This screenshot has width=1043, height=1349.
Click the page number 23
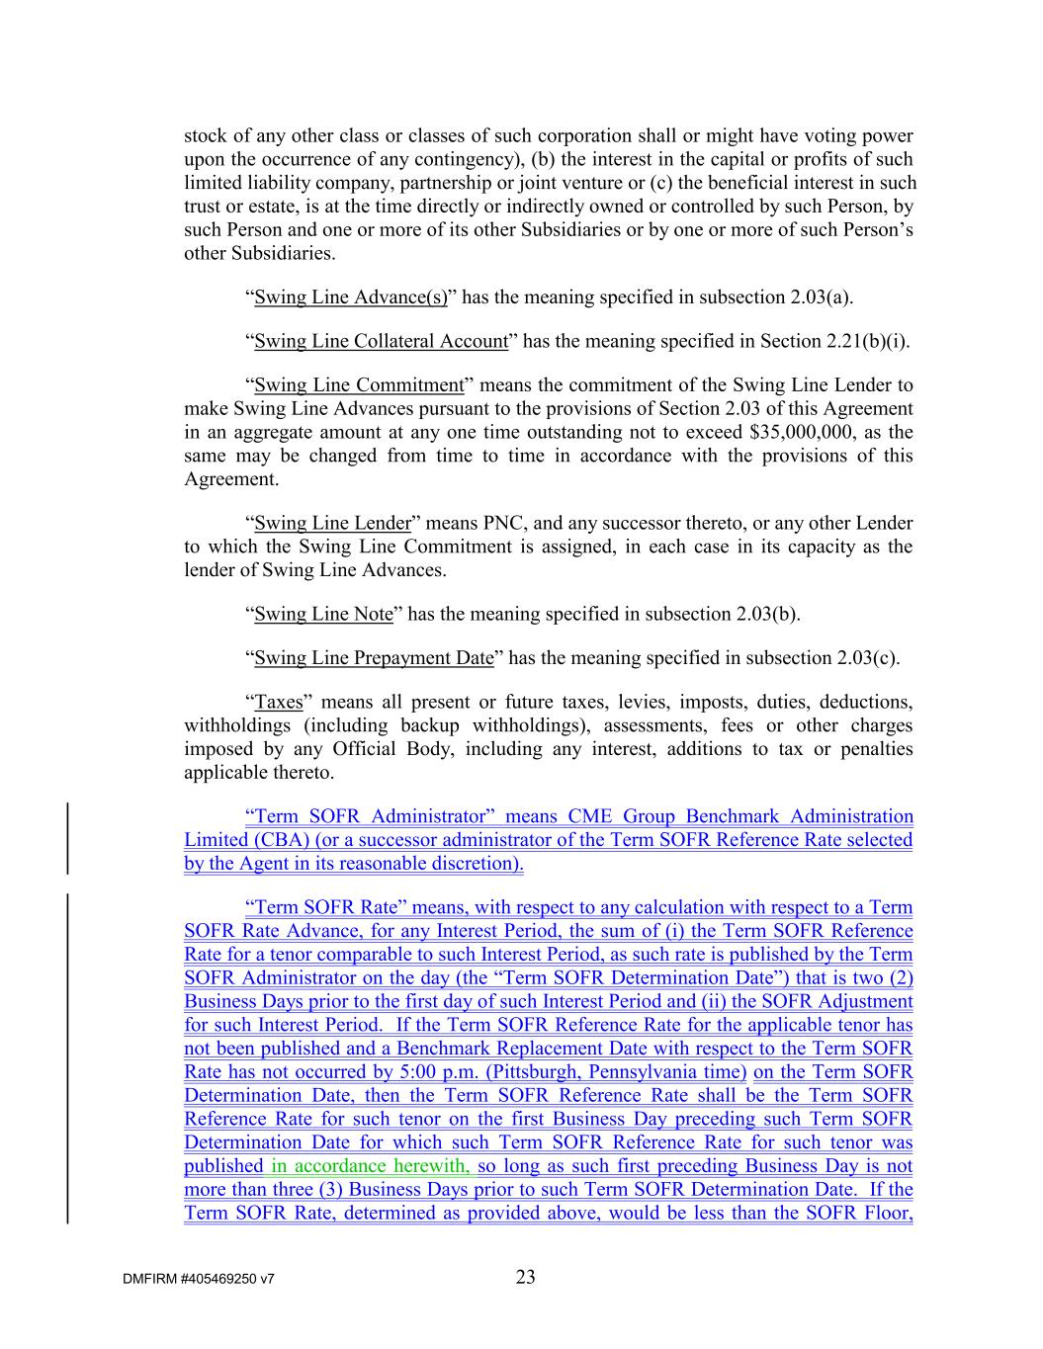[x=525, y=1277]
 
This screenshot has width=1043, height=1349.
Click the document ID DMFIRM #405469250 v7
[x=199, y=1279]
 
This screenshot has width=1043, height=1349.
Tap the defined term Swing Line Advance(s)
[x=350, y=297]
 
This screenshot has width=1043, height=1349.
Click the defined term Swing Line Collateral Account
[x=381, y=341]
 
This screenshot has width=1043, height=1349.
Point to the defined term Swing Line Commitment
[x=359, y=385]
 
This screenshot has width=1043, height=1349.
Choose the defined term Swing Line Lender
[x=332, y=523]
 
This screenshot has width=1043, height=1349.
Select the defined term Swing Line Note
[x=323, y=614]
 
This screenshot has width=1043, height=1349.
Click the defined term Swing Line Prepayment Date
[x=374, y=658]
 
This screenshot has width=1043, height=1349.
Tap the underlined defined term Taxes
[x=279, y=702]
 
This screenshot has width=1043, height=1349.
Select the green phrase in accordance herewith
[x=370, y=1166]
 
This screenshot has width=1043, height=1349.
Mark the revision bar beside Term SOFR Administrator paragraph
[x=67, y=839]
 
